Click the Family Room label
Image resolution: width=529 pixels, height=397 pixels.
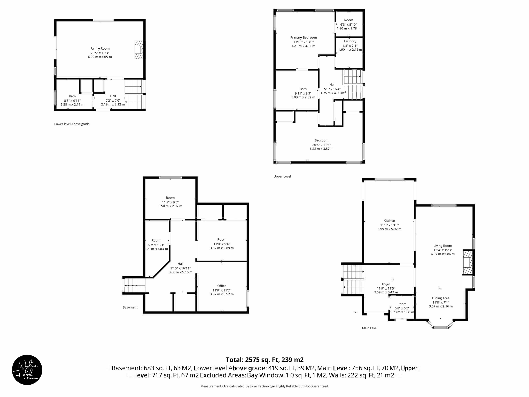tap(100, 49)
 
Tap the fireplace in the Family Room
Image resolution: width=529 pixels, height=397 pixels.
tap(139, 50)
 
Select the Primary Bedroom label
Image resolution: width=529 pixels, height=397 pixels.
tap(303, 38)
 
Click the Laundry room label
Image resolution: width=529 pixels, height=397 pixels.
tap(350, 41)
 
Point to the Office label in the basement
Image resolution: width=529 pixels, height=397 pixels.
tap(222, 286)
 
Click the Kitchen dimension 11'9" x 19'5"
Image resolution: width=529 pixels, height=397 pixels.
tap(389, 225)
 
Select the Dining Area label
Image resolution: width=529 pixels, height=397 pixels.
tap(441, 298)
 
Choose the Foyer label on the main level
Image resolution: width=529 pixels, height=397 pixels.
tap(386, 284)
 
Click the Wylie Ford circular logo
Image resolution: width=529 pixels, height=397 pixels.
tap(27, 370)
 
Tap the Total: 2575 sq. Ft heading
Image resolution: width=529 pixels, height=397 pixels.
tap(264, 360)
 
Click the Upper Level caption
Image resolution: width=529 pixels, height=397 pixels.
tap(282, 176)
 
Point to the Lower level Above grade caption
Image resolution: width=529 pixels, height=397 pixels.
tap(72, 124)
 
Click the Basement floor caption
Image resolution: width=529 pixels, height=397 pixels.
tap(130, 307)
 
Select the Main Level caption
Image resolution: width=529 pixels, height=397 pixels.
tap(370, 328)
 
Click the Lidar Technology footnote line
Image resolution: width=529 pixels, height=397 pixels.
tap(264, 386)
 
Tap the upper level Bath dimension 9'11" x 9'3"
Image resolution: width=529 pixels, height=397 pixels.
tap(303, 93)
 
